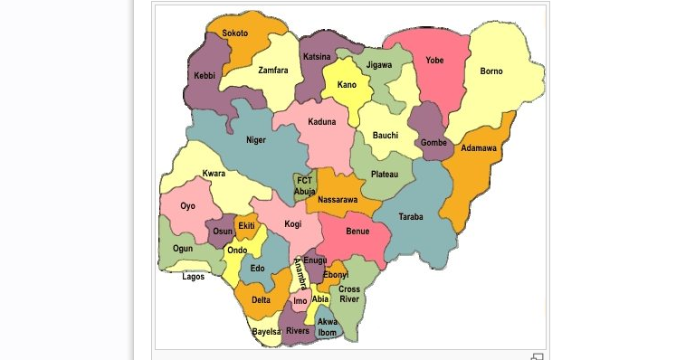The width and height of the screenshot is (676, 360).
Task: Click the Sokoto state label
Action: pos(235,33)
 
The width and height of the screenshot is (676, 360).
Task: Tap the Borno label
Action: pos(491,71)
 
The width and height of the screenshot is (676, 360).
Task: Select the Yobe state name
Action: pos(435,61)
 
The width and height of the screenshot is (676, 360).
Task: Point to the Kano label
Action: pos(347,85)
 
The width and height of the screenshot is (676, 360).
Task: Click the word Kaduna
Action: pos(321,121)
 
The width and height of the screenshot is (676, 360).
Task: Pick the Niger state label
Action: pos(256,140)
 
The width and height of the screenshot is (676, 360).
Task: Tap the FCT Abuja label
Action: pos(305,185)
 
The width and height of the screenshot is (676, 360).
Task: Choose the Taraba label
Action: pos(411,216)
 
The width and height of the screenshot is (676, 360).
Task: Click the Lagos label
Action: pos(194,277)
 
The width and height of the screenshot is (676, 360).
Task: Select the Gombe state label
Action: pos(433,143)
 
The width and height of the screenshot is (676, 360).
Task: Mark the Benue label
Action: pos(357,232)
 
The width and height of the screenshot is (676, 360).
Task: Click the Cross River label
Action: pos(349,295)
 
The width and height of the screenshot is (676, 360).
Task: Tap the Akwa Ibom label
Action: pos(328,327)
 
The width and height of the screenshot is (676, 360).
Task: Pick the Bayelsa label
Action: pos(267,332)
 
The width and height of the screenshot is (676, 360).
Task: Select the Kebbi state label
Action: pos(204,76)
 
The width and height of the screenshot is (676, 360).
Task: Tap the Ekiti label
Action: pos(246,225)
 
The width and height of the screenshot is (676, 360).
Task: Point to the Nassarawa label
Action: pos(338,199)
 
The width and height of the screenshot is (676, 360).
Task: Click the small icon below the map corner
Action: pos(536,355)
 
